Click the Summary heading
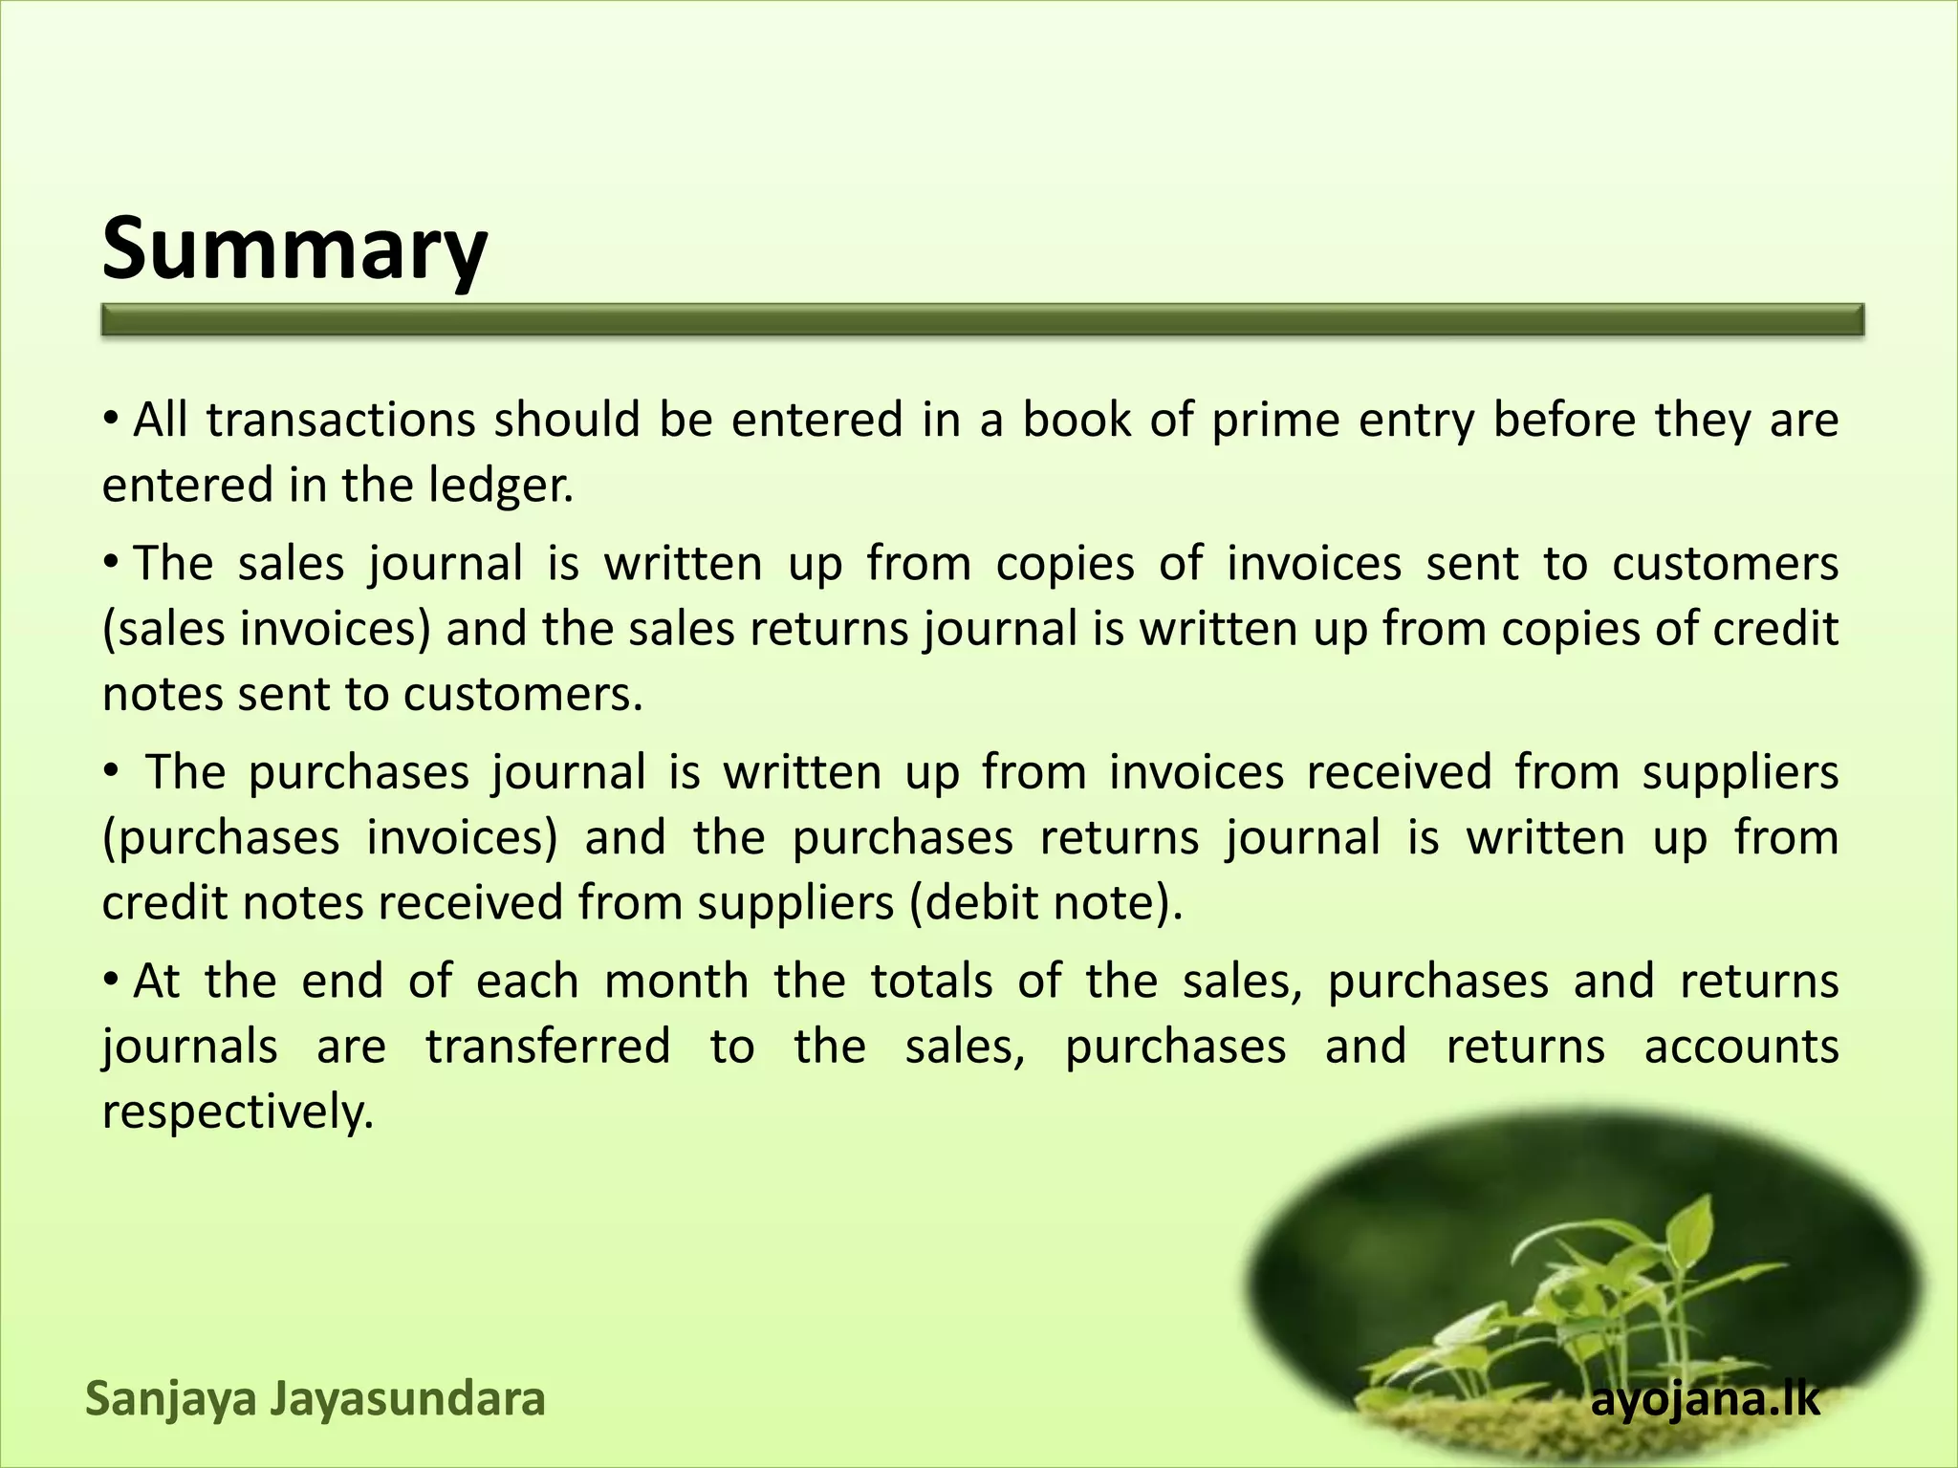pyautogui.click(x=294, y=248)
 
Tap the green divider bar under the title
pyautogui.click(x=982, y=320)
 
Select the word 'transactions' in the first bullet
pyautogui.click(x=340, y=421)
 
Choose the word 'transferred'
pyautogui.click(x=548, y=1047)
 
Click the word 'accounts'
pyautogui.click(x=1741, y=1047)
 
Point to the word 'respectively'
pyautogui.click(x=237, y=1112)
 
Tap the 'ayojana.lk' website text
pyautogui.click(x=1706, y=1401)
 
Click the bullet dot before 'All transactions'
pyautogui.click(x=111, y=419)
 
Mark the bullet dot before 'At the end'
pyautogui.click(x=111, y=980)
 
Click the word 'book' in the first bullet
pyautogui.click(x=1076, y=421)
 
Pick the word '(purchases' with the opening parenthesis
pyautogui.click(x=221, y=838)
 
